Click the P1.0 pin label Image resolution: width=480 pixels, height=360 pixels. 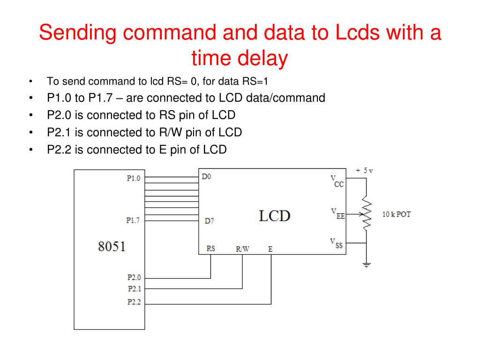133,178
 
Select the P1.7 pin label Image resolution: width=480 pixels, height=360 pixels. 133,220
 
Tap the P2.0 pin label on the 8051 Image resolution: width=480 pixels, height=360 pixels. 134,277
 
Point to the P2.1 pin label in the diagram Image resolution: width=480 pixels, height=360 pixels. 134,289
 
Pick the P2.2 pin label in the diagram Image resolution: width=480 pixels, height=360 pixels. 134,302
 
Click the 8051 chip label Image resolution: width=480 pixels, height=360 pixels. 112,247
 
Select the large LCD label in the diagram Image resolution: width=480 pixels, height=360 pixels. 275,216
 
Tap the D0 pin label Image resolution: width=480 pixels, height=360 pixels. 206,177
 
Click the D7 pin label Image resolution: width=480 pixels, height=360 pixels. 210,221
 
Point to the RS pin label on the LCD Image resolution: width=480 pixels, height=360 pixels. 211,248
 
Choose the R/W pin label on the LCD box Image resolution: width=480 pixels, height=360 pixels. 242,249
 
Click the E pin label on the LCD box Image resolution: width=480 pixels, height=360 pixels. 270,249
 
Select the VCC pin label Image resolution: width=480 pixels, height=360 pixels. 337,181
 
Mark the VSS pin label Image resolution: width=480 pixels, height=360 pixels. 337,243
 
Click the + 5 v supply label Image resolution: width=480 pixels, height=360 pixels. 364,171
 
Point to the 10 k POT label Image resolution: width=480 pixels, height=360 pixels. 397,214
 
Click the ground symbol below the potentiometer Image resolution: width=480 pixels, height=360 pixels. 367,265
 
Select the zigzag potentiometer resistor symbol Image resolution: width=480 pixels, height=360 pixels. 367,214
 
